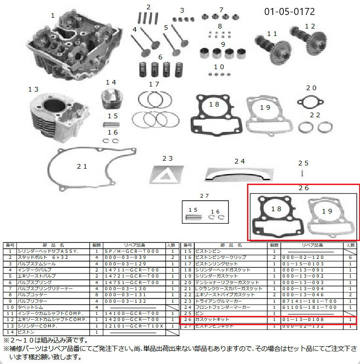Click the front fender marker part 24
coord(238,174)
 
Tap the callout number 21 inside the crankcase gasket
coord(82,166)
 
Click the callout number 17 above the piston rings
coord(154,84)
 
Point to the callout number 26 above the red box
coord(304,188)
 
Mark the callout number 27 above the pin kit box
coord(205,195)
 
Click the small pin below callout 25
coord(303,173)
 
